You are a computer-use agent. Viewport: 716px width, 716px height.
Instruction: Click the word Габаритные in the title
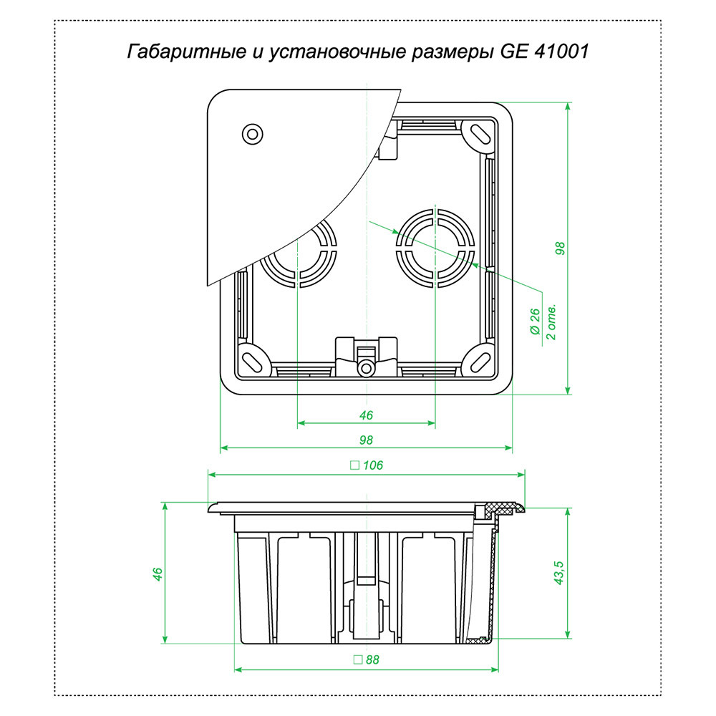pos(170,52)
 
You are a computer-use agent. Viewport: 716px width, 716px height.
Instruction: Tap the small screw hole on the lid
pos(252,133)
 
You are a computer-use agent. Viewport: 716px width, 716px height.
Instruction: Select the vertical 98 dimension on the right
pos(560,248)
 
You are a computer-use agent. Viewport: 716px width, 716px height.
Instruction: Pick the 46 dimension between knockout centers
pos(366,415)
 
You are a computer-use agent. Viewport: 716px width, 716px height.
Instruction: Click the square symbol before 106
pos(354,465)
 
